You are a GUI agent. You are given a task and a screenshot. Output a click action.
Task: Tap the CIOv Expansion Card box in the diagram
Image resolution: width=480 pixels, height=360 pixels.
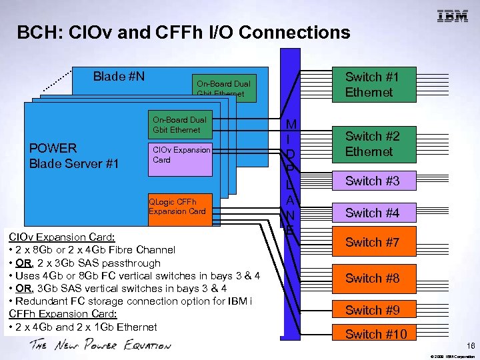(x=181, y=155)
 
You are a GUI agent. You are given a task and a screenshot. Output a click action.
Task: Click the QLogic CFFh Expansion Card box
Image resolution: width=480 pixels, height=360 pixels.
(x=177, y=206)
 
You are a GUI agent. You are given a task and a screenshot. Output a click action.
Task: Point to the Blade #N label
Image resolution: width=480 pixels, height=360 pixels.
(x=119, y=77)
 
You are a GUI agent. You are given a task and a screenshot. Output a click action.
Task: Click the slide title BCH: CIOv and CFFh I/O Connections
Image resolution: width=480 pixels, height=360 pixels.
(x=183, y=32)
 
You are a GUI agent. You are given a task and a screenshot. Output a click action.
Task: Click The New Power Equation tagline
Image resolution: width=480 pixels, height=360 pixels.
(x=100, y=345)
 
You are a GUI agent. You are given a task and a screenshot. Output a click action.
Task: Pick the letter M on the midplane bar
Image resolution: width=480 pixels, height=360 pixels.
(x=291, y=125)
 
